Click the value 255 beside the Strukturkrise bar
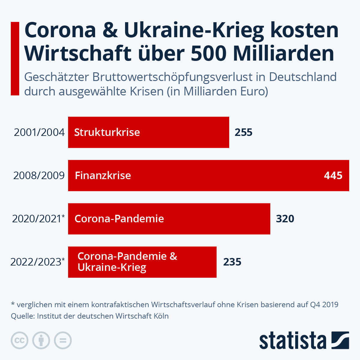[x=243, y=132]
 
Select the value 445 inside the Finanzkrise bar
[x=333, y=175]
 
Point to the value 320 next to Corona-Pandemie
[x=285, y=219]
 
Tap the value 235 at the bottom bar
[x=232, y=262]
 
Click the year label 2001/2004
[x=39, y=132]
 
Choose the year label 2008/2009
[x=39, y=175]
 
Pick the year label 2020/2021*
[x=38, y=219]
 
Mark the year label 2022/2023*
[x=37, y=262]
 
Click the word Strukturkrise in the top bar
[x=107, y=132]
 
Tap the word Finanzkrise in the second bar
[x=103, y=175]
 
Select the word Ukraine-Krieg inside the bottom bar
[x=112, y=267]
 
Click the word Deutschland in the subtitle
[x=303, y=77]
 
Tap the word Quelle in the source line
[x=22, y=316]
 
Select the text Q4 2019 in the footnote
[x=324, y=304]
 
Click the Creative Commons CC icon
[x=19, y=340]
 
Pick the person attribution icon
[x=41, y=340]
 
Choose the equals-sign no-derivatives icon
[x=63, y=340]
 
